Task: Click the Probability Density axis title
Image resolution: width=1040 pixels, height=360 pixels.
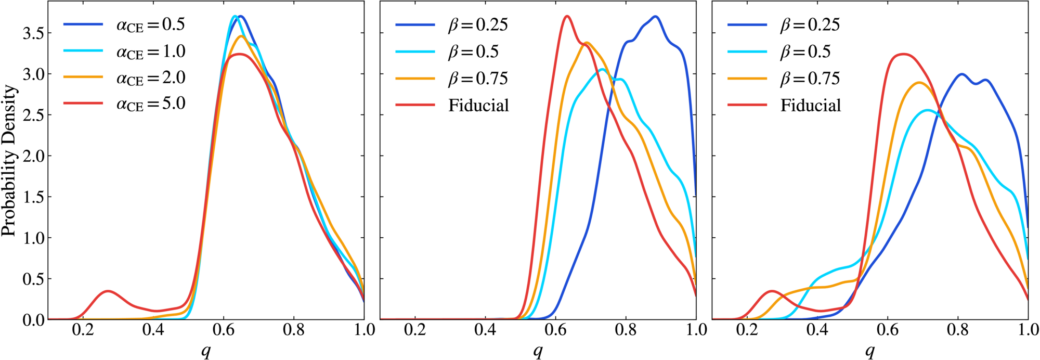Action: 9,161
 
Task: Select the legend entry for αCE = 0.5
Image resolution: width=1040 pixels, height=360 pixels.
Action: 124,25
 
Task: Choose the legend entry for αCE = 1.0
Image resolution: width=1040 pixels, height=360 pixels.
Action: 124,52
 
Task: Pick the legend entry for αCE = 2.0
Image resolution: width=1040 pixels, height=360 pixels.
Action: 124,78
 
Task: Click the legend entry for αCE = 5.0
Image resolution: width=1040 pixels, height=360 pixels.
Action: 124,104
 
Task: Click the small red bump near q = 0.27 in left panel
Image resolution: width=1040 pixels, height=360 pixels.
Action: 108,291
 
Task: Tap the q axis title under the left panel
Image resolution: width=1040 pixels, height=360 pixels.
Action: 206,352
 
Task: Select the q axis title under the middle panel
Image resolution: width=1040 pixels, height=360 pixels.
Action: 538,352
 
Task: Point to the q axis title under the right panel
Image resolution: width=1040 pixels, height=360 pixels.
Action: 870,352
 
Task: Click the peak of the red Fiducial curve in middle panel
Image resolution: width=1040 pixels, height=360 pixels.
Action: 567,16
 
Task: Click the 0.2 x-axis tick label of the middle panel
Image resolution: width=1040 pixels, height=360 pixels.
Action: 415,330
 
